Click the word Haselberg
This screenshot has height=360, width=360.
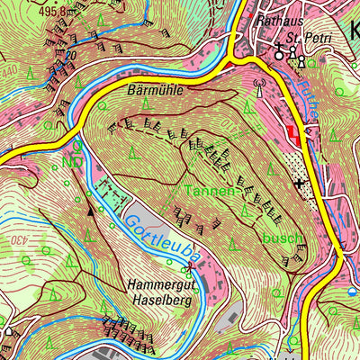[163, 299]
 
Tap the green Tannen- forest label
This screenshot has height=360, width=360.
[212, 191]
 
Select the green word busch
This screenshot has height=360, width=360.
[284, 238]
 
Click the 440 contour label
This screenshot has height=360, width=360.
[8, 69]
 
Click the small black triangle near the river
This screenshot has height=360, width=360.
[91, 210]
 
